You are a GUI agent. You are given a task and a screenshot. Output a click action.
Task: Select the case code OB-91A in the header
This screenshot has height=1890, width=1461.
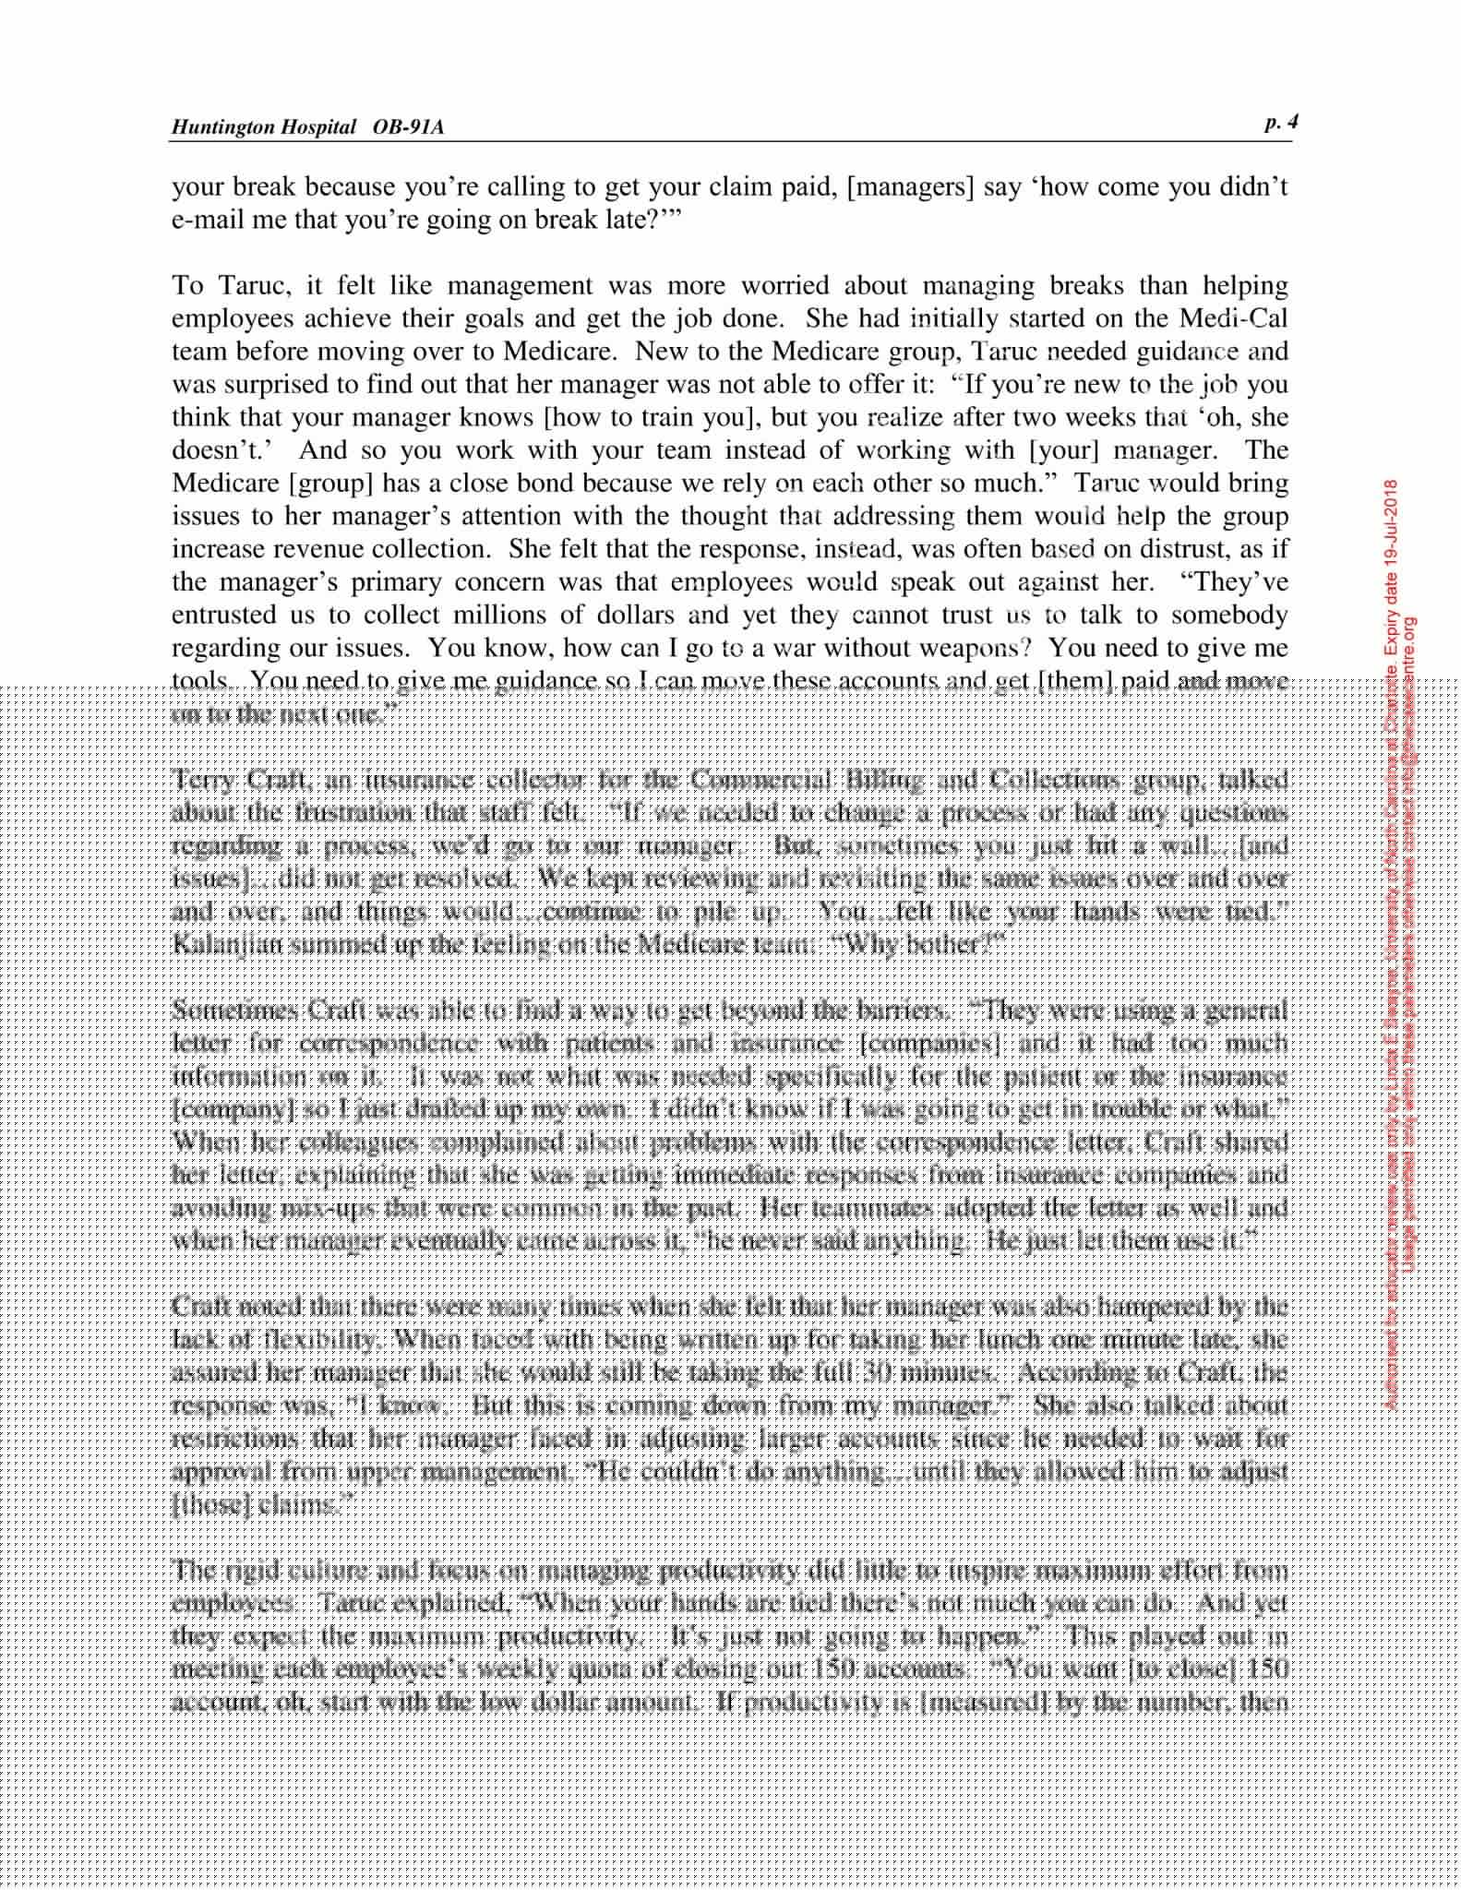pos(408,127)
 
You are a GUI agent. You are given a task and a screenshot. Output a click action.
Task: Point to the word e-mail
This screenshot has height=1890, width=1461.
pos(202,221)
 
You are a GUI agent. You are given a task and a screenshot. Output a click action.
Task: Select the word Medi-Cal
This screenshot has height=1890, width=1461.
pos(1233,319)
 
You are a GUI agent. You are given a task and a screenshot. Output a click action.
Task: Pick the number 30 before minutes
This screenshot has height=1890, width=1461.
pos(872,1373)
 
